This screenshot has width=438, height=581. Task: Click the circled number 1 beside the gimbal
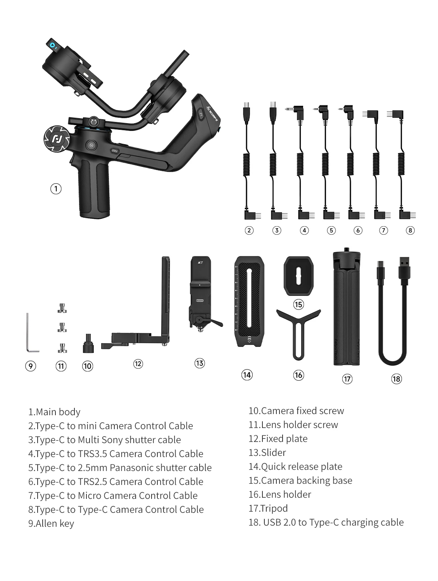[56, 189]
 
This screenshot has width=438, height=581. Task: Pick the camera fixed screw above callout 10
[88, 344]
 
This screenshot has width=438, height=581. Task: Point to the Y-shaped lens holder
[298, 329]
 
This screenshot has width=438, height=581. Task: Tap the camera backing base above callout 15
[298, 276]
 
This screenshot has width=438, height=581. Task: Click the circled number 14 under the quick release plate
[247, 375]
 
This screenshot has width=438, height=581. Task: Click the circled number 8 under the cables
[410, 230]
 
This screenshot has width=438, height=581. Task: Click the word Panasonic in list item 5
[131, 468]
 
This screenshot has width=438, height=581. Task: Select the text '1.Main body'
[54, 412]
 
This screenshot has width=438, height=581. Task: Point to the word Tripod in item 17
[274, 508]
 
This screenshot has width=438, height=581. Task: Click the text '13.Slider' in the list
[267, 452]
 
